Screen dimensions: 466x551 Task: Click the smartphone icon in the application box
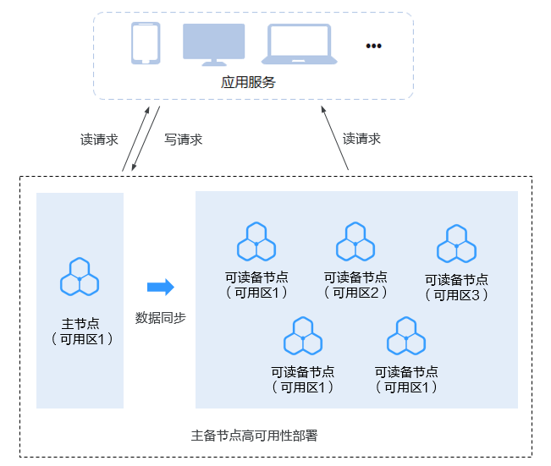[x=146, y=43]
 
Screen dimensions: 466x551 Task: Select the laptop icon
[x=299, y=45]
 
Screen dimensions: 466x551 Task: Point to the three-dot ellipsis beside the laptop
[x=373, y=46]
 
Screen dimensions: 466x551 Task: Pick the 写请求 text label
[x=184, y=140]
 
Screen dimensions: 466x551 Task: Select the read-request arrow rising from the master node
[x=135, y=139]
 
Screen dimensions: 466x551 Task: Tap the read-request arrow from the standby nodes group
[x=335, y=140]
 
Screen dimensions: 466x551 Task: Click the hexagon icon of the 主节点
[x=80, y=277]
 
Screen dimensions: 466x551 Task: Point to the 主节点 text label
[x=80, y=324]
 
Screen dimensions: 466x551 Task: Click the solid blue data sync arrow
[x=160, y=288]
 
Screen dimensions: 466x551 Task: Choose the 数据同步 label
[x=161, y=318]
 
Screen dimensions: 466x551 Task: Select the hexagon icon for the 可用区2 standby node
[x=355, y=242]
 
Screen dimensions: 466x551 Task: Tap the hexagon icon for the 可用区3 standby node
[x=456, y=244]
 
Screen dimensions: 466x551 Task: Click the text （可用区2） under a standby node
[x=355, y=293]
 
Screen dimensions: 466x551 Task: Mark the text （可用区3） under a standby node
[x=456, y=295]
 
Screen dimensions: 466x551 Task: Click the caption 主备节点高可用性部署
[x=254, y=436]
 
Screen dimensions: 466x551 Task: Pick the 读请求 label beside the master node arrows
[x=99, y=140]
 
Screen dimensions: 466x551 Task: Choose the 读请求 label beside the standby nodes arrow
[x=361, y=139]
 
